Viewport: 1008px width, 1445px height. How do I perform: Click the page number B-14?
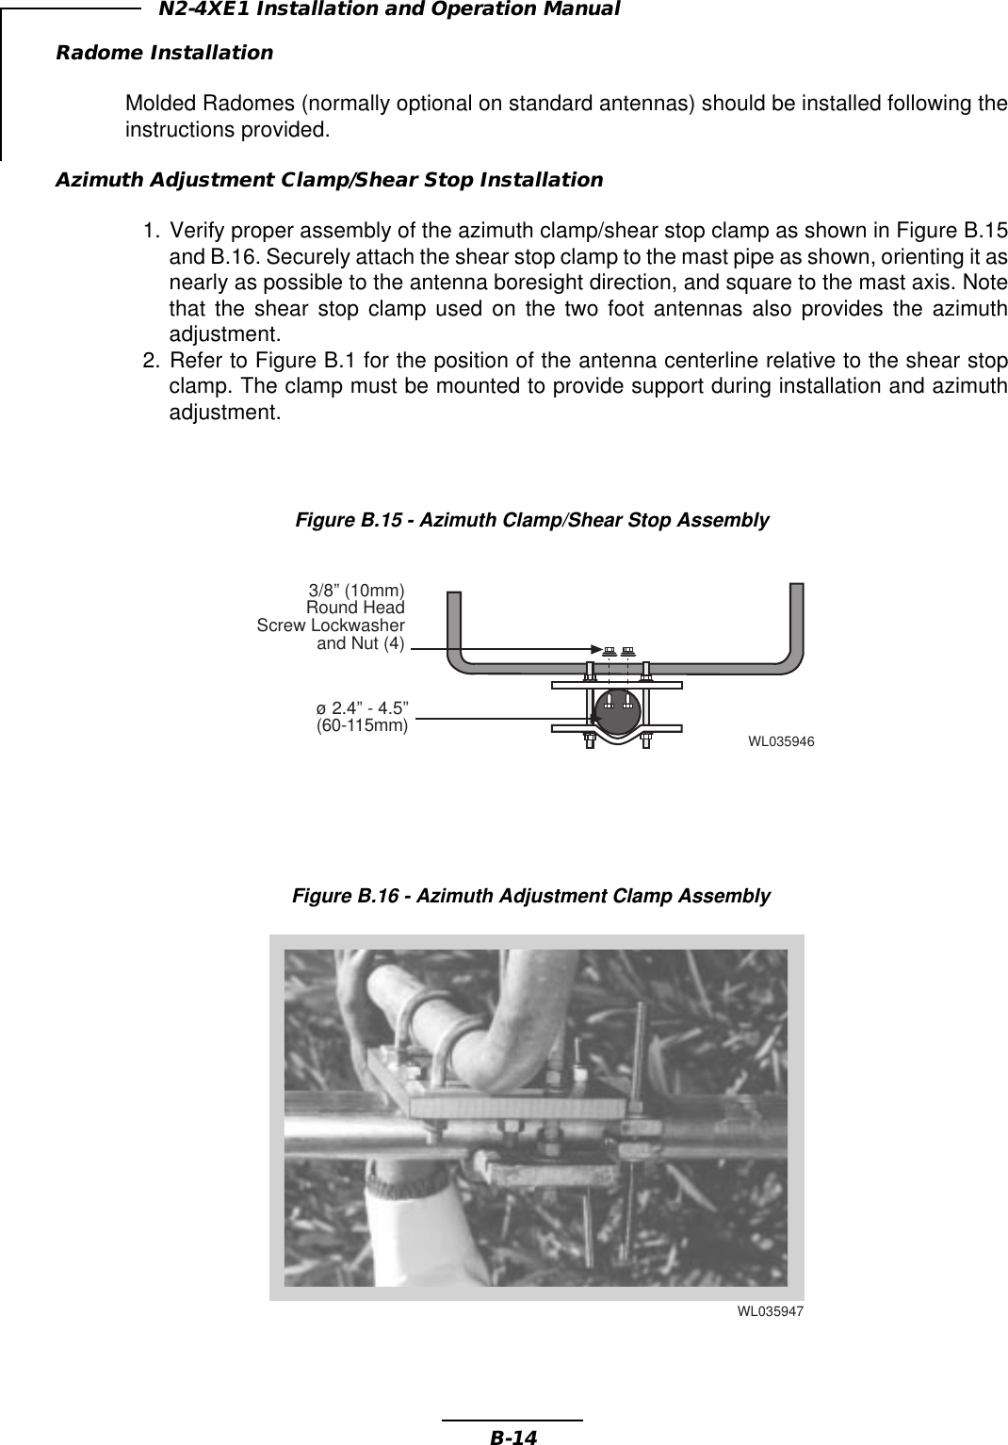coord(512,1437)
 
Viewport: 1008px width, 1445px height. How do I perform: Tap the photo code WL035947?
coord(770,1311)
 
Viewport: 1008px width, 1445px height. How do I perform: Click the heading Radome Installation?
coord(165,52)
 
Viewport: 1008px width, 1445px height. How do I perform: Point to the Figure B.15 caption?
coord(532,520)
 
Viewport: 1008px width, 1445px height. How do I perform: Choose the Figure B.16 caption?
coord(530,895)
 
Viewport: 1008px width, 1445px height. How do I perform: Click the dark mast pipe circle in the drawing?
coord(617,711)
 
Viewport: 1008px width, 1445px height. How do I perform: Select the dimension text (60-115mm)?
coord(362,725)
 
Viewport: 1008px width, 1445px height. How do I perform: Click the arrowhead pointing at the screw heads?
coord(595,649)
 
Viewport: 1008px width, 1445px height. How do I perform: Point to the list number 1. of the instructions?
coord(151,231)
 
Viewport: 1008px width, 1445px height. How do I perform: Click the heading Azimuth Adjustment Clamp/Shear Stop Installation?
coord(330,179)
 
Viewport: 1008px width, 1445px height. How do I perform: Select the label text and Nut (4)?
coord(361,644)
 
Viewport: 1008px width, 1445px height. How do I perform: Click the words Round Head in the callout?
coord(355,608)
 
